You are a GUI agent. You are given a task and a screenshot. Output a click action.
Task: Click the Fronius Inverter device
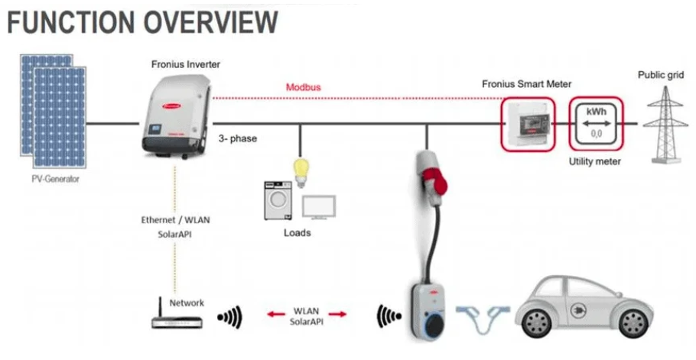[x=176, y=113]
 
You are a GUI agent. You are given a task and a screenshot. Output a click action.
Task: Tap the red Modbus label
[x=303, y=87]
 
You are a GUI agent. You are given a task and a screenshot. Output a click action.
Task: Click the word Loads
[x=297, y=232]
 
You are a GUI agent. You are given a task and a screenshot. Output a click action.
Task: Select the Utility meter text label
[x=596, y=162]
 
